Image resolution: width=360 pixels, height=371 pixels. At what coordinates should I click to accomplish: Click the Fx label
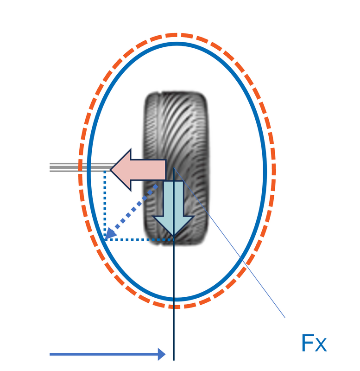[x=314, y=344]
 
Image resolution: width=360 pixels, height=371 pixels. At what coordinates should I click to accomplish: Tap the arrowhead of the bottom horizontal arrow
[x=162, y=354]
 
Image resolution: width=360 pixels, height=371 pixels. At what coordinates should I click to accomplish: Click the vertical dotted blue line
[x=105, y=204]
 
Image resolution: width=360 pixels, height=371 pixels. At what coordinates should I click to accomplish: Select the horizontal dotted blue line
[x=139, y=240]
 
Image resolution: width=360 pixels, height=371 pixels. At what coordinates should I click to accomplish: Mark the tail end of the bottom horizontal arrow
[x=51, y=354]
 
